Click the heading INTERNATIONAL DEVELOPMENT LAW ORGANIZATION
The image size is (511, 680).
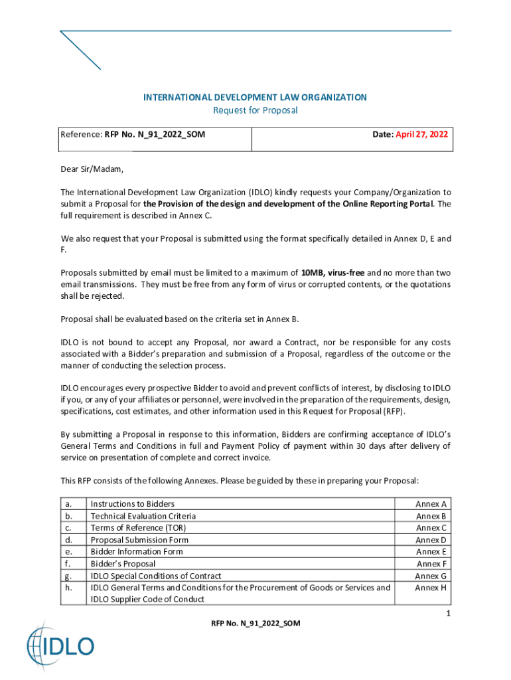coord(255,98)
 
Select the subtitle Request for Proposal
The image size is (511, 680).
coord(255,110)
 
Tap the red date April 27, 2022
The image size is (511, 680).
coord(421,134)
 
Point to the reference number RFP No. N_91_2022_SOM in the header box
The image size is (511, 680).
coord(155,134)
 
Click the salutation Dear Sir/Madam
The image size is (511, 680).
coord(92,169)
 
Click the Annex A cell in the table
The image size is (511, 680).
coord(431,504)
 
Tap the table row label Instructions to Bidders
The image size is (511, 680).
coord(133,504)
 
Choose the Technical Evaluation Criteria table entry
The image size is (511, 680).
coord(143,516)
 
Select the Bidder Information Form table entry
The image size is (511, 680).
coord(137,552)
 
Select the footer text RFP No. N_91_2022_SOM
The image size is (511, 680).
coord(256,624)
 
